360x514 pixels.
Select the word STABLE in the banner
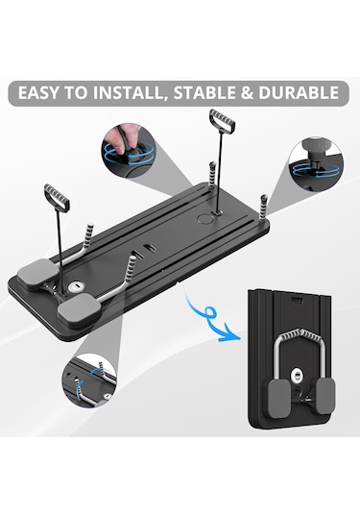(x=204, y=93)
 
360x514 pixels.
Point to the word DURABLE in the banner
(x=299, y=93)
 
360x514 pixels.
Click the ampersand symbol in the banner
(x=247, y=93)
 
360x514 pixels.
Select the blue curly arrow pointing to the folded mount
(x=210, y=320)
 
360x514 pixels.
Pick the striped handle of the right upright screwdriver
(x=222, y=121)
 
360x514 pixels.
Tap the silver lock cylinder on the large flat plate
(x=75, y=287)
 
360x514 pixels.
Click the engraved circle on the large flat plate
(x=205, y=219)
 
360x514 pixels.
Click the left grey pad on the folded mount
(x=279, y=398)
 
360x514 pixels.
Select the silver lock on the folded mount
(x=298, y=374)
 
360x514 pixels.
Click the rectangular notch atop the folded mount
(x=297, y=301)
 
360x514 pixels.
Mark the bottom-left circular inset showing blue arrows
(x=89, y=380)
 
